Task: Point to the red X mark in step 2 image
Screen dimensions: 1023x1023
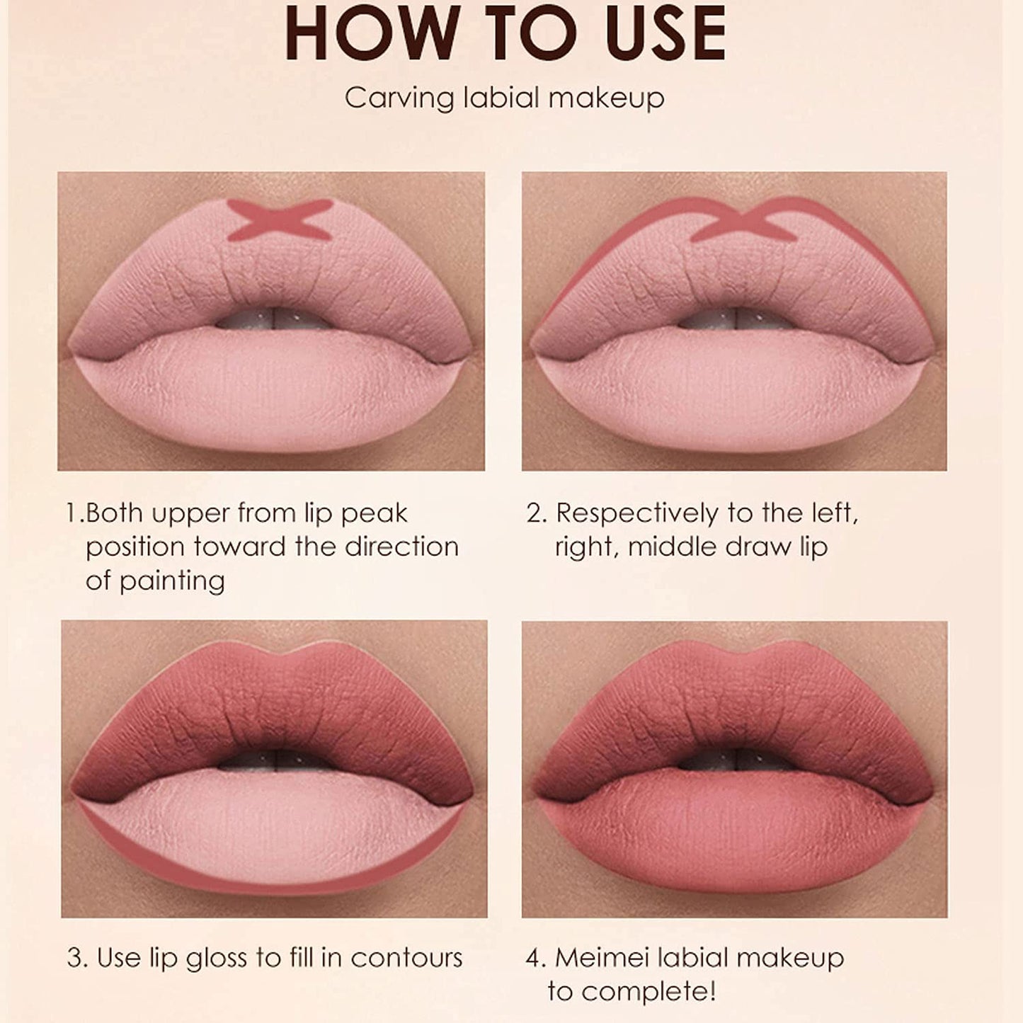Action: click(737, 220)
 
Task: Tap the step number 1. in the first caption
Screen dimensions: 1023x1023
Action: click(75, 513)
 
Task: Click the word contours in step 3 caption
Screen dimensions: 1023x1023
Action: click(406, 959)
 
